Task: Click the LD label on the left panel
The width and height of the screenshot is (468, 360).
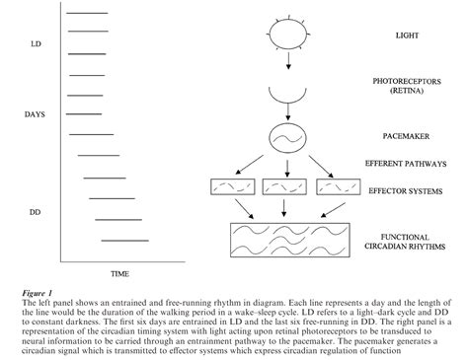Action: (x=37, y=44)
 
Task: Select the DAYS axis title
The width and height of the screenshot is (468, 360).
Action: (x=36, y=114)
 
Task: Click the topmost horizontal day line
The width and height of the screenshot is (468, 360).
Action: (x=88, y=13)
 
